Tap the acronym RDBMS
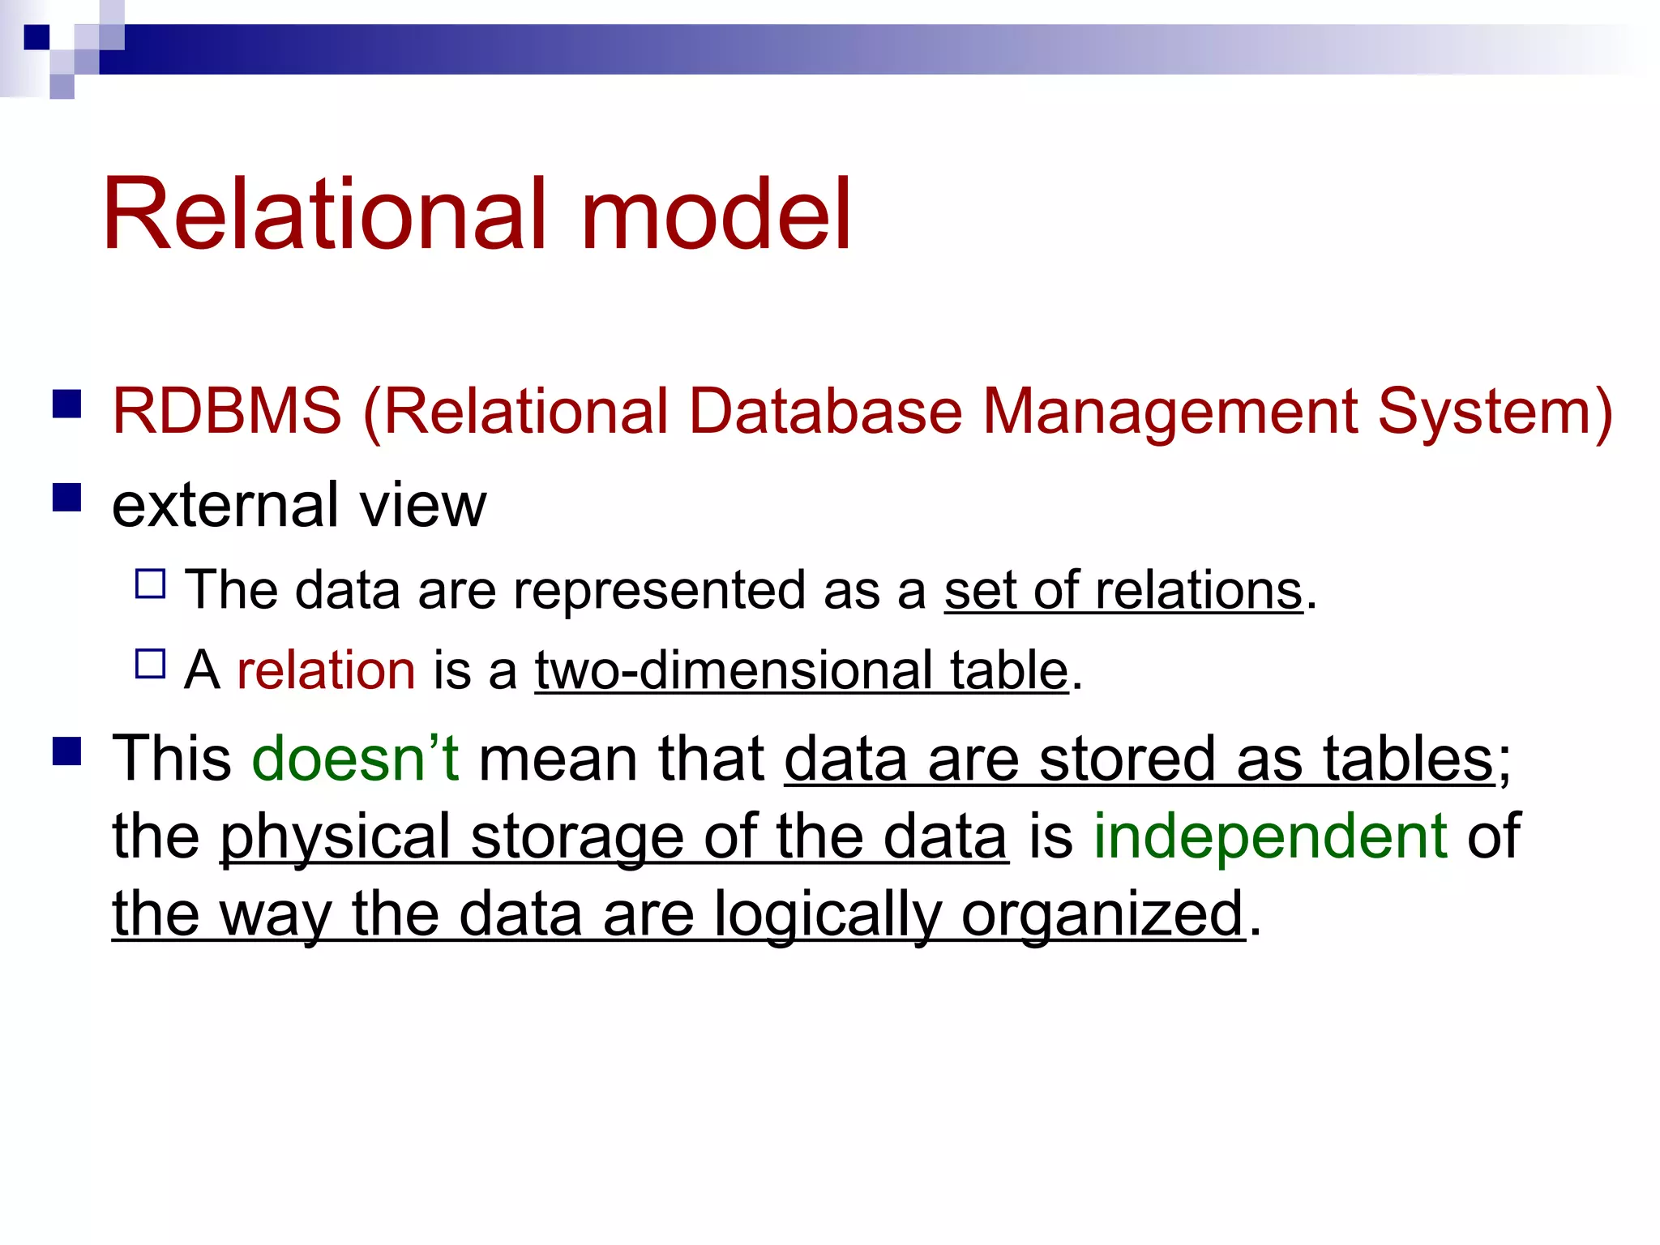227,411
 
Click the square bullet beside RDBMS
67,403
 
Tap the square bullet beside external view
67,497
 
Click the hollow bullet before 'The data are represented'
151,584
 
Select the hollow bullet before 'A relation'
151,664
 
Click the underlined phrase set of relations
1123,590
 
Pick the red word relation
326,670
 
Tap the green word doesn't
356,759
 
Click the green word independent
1270,836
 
